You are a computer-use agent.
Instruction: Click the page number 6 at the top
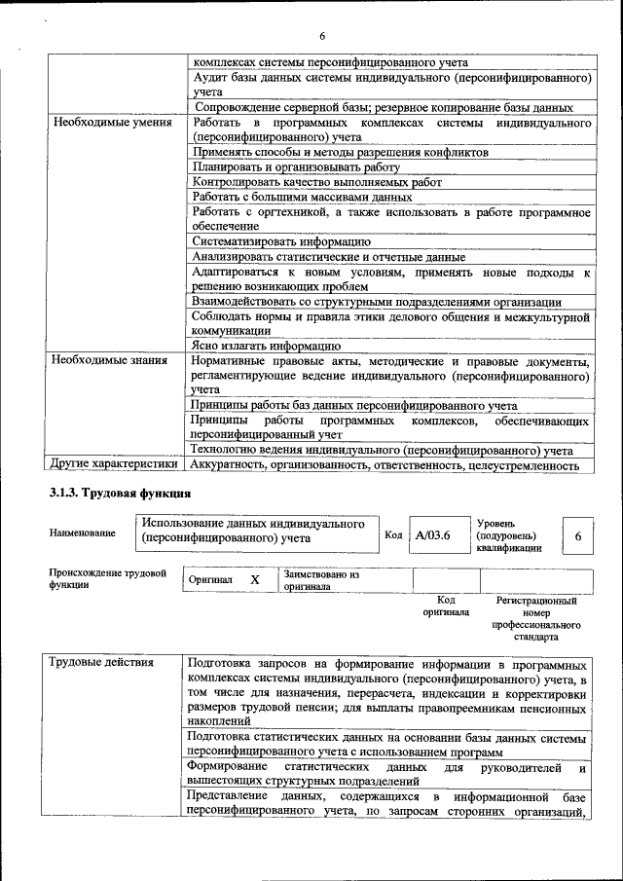pos(321,36)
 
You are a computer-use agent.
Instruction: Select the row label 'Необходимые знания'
pos(104,360)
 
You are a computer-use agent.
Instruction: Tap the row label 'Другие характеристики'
pos(114,465)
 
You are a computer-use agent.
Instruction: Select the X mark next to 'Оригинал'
pos(255,579)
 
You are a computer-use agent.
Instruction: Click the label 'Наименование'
pos(82,532)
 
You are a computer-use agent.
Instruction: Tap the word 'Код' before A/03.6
pos(393,534)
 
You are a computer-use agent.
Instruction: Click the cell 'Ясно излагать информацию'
pos(266,346)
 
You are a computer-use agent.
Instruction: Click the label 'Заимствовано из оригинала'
pos(322,580)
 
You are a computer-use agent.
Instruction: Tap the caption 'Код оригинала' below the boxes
pos(446,606)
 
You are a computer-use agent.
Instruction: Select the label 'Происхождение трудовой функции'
pos(107,578)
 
